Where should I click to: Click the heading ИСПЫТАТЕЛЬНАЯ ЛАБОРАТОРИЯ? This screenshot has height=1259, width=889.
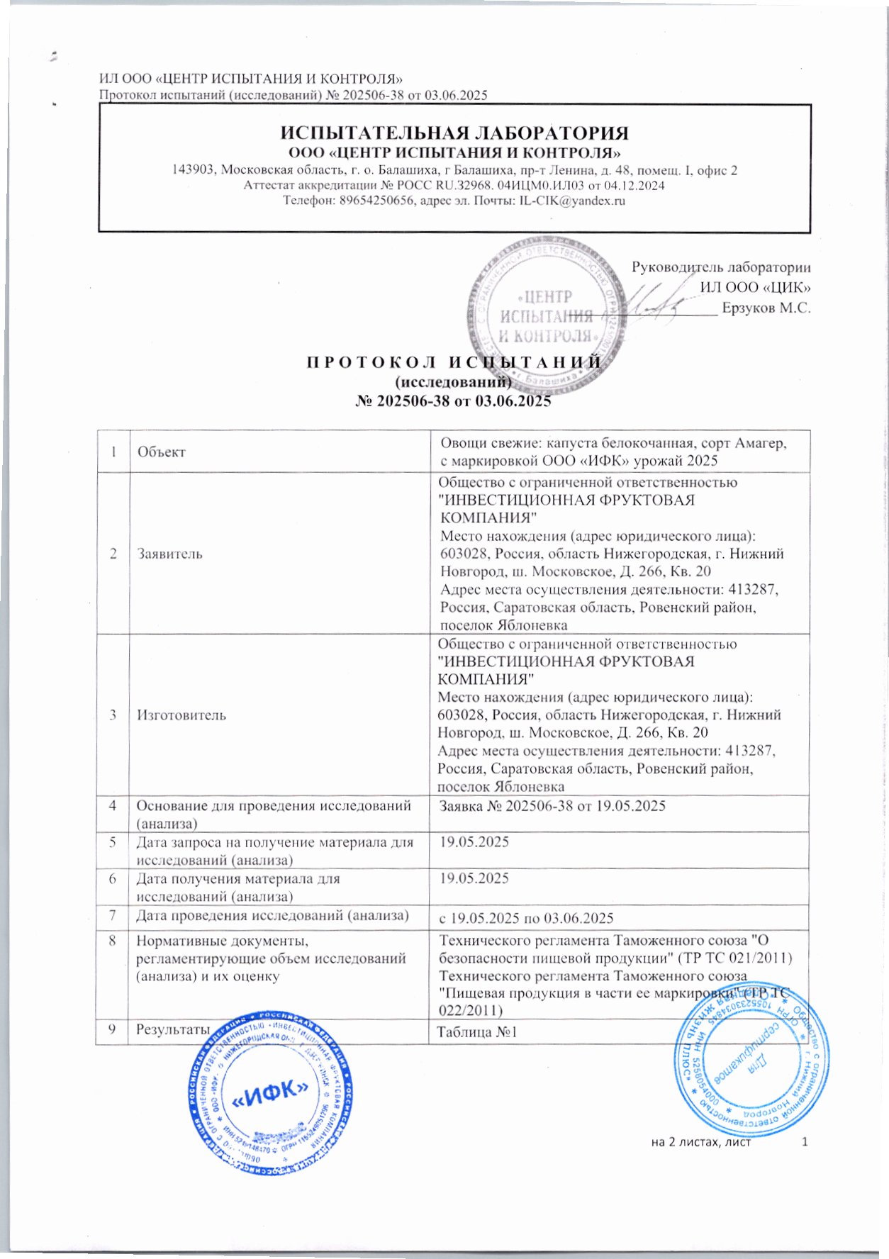click(454, 133)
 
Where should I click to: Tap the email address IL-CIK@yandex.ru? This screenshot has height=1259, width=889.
click(572, 201)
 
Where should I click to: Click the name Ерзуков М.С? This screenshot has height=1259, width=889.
click(766, 308)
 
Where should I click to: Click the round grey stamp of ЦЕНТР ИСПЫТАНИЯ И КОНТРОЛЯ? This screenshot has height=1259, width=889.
click(546, 315)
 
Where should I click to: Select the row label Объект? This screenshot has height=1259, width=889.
click(162, 452)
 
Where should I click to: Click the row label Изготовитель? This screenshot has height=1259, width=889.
click(181, 715)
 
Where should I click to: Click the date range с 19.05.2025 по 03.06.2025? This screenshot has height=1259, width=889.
click(526, 918)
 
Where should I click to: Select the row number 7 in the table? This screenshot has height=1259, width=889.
click(113, 914)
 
